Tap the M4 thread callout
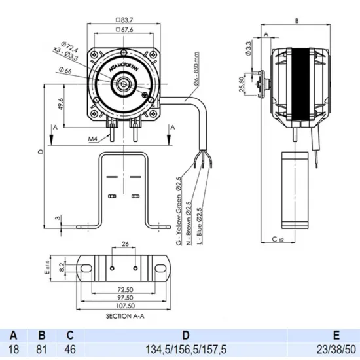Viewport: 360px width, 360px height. [92, 139]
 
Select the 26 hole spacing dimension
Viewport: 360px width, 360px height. [124, 246]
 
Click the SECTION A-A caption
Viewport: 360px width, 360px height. [124, 315]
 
